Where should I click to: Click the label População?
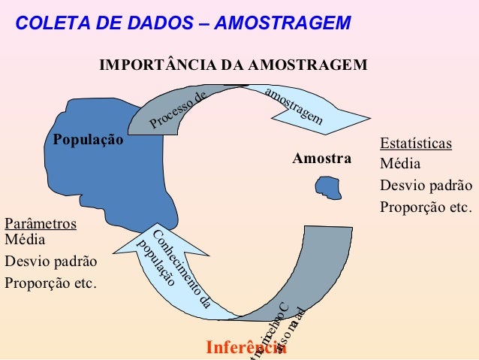pos(88,140)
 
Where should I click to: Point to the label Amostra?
pos(322,159)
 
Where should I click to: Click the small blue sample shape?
pos(328,186)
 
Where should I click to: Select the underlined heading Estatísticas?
pos(415,144)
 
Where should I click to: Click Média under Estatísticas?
pos(401,164)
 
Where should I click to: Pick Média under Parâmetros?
pos(25,241)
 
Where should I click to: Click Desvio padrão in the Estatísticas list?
pos(426,185)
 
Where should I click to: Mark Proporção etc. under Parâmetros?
pos(50,283)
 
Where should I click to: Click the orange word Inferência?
pos(246,348)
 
